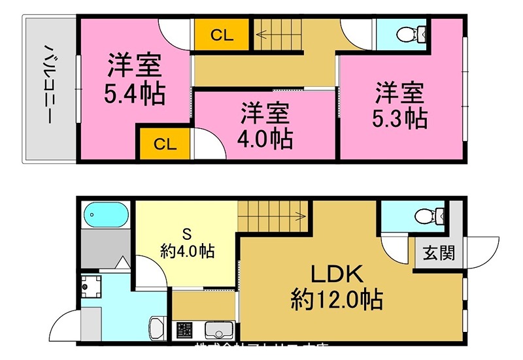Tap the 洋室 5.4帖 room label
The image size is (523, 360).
coord(135,80)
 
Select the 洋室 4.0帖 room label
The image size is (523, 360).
coord(265,125)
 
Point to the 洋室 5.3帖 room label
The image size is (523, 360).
coord(401,105)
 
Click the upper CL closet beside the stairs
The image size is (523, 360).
coord(222,36)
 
